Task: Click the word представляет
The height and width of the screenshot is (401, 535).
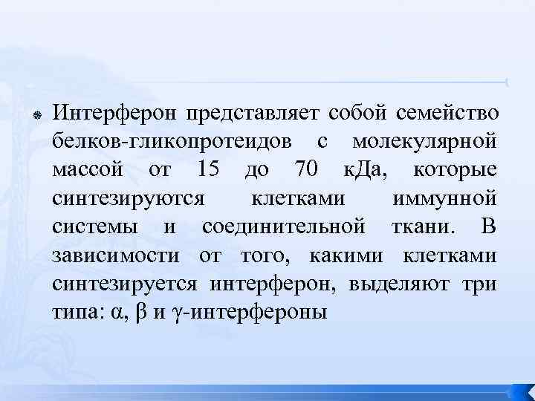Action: (x=253, y=113)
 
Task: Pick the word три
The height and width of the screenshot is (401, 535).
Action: (x=483, y=283)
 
